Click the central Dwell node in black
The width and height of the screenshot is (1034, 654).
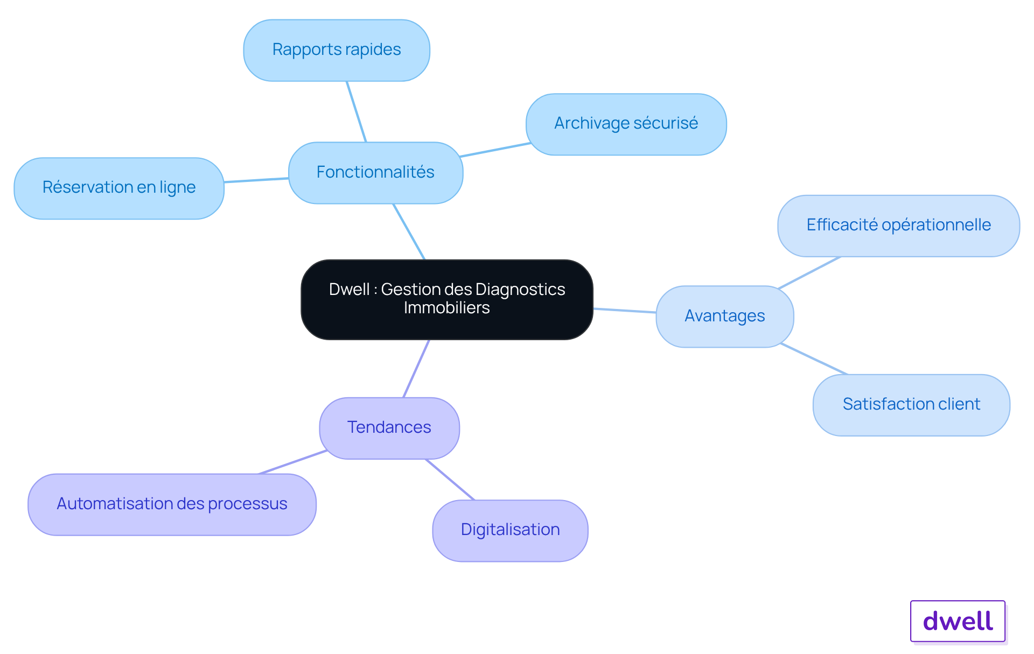447,299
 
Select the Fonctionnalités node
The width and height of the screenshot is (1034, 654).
375,173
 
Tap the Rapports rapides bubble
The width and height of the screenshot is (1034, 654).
337,51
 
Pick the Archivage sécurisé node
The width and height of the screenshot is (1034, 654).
626,124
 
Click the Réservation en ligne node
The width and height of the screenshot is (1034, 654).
119,188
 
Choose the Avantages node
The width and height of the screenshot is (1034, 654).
725,317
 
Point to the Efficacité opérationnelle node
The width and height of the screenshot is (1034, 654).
898,226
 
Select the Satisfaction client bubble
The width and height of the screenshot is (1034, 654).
911,405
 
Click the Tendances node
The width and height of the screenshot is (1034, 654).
389,428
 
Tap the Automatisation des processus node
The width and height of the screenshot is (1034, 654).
172,504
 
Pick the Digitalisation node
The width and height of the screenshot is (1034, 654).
510,531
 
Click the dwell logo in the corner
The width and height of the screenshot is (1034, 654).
958,621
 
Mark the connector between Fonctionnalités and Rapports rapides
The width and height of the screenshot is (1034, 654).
357,112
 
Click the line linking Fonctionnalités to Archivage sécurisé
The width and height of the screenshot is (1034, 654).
495,150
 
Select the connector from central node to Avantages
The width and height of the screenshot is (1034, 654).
625,311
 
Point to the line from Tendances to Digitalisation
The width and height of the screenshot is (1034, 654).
450,480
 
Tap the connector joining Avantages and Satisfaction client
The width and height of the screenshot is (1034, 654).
814,358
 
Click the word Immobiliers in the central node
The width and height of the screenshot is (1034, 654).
447,308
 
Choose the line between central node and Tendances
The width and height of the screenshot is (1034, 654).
416,369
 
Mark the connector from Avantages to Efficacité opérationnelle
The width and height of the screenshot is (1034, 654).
809,273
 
